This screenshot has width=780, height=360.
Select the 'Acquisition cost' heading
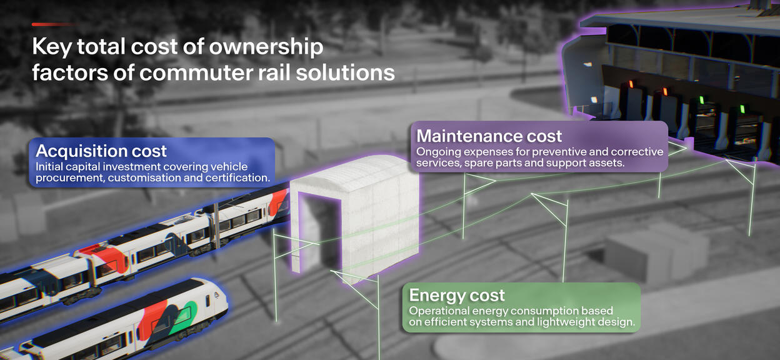pos(101,151)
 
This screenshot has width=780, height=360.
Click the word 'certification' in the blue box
pos(237,178)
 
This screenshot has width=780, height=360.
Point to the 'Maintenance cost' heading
pos(489,136)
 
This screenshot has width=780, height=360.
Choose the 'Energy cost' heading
pos(457,295)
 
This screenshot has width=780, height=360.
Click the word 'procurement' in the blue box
pos(66,178)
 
